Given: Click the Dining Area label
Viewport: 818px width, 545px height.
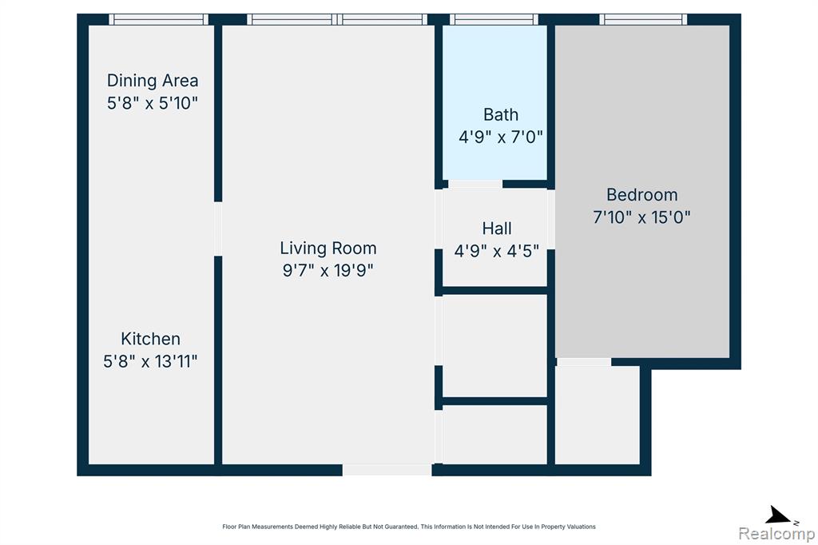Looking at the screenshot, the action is pyautogui.click(x=153, y=81).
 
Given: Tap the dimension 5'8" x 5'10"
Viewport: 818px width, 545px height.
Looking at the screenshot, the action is pyautogui.click(x=153, y=103).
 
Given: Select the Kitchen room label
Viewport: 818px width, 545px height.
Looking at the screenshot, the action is pyautogui.click(x=150, y=339).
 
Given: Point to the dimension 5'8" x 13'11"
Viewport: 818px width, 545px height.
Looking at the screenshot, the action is pyautogui.click(x=150, y=361).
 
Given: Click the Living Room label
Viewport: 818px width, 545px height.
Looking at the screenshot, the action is pyautogui.click(x=328, y=248).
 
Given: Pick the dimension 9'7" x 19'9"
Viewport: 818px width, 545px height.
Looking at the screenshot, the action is pyautogui.click(x=328, y=270).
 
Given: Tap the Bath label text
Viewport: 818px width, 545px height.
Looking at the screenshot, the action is pyautogui.click(x=501, y=114).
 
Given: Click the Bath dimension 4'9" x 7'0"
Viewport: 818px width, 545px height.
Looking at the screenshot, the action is pyautogui.click(x=501, y=137).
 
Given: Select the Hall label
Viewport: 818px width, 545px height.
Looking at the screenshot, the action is pyautogui.click(x=497, y=228).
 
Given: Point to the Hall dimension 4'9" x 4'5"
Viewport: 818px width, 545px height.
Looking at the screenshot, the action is pyautogui.click(x=497, y=251).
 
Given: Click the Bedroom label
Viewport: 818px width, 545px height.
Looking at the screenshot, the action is pyautogui.click(x=641, y=195).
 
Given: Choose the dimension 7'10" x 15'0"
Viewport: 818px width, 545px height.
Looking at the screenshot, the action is pyautogui.click(x=641, y=217).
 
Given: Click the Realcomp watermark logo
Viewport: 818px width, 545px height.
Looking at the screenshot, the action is pyautogui.click(x=776, y=534).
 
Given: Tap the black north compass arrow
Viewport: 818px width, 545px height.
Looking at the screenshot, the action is pyautogui.click(x=777, y=515).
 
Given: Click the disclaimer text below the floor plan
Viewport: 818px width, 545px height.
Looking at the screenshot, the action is pyautogui.click(x=409, y=527).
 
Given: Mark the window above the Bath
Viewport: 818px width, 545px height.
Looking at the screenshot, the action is pyautogui.click(x=494, y=19).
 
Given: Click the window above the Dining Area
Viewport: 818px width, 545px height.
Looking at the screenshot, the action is pyautogui.click(x=159, y=19).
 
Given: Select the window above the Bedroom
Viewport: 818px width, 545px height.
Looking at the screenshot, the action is pyautogui.click(x=643, y=19).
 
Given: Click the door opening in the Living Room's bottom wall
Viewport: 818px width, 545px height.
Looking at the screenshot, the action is pyautogui.click(x=387, y=470).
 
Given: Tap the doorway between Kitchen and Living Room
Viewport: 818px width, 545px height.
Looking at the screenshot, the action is pyautogui.click(x=218, y=229).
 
